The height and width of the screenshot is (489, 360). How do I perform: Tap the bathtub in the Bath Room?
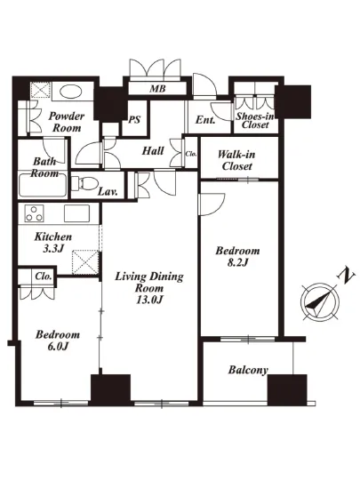pyautogui.click(x=43, y=185)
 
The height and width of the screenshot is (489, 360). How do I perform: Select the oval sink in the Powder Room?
pyautogui.click(x=71, y=92)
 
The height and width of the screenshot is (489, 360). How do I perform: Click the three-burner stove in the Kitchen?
pyautogui.click(x=35, y=213)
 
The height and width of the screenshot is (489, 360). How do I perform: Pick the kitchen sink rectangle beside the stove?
pyautogui.click(x=77, y=213)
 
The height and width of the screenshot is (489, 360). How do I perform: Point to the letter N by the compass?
pyautogui.click(x=346, y=276)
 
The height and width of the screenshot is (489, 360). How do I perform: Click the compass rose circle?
pyautogui.click(x=320, y=301)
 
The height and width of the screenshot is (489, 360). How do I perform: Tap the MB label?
pyautogui.click(x=157, y=89)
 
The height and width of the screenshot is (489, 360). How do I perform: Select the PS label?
pyautogui.click(x=134, y=120)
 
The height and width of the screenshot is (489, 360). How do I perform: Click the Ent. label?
pyautogui.click(x=205, y=120)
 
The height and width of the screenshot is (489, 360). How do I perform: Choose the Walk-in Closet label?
pyautogui.click(x=236, y=160)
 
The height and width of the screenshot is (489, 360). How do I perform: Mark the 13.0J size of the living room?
pyautogui.click(x=149, y=300)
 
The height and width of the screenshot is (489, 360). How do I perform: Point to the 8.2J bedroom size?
pyautogui.click(x=237, y=262)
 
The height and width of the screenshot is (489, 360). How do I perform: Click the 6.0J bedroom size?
pyautogui.click(x=58, y=346)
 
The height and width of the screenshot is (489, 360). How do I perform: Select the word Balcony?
pyautogui.click(x=248, y=370)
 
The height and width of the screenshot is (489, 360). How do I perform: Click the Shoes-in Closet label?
pyautogui.click(x=255, y=120)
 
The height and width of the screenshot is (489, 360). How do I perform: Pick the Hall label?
pyautogui.click(x=153, y=151)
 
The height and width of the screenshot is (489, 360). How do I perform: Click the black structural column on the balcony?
pyautogui.click(x=287, y=389)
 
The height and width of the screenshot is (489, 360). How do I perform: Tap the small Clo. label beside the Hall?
pyautogui.click(x=191, y=154)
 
